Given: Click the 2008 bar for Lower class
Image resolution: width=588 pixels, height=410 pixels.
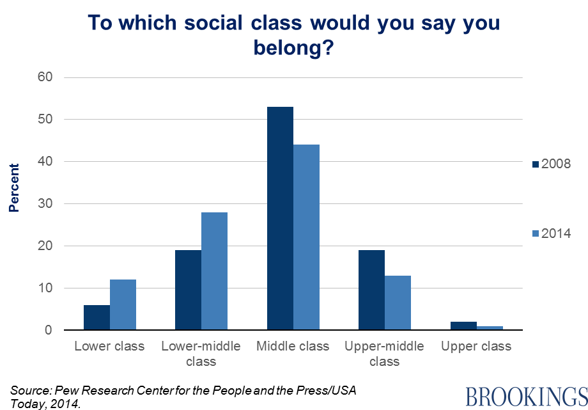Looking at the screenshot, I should coord(97,318).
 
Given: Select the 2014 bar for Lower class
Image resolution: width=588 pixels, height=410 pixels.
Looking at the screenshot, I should coord(123,305).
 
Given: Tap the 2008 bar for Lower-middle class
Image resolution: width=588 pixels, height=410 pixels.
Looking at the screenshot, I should coord(189,290).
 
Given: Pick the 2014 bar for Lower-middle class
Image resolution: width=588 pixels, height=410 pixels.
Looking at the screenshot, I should coord(215,271).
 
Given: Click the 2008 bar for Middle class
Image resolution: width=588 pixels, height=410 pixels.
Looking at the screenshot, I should coord(280,219).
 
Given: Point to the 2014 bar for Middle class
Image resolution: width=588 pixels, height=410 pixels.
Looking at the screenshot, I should coord(306,237).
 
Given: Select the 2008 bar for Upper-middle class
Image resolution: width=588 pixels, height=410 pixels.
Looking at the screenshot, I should coord(372,290).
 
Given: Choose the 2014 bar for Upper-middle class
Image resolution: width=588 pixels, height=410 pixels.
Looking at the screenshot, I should coord(398,303).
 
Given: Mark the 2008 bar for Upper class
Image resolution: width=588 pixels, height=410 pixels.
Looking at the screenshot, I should coord(463,326).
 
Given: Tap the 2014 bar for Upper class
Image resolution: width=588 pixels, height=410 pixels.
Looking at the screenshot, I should coord(490,328).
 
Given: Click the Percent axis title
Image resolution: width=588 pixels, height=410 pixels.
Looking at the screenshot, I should coord(14,187).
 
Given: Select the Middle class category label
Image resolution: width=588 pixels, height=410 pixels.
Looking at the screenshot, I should coord(293,347).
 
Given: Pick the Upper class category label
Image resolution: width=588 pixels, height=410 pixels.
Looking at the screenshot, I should coord(476,347).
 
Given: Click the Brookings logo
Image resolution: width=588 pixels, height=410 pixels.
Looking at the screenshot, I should coord(525,396).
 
